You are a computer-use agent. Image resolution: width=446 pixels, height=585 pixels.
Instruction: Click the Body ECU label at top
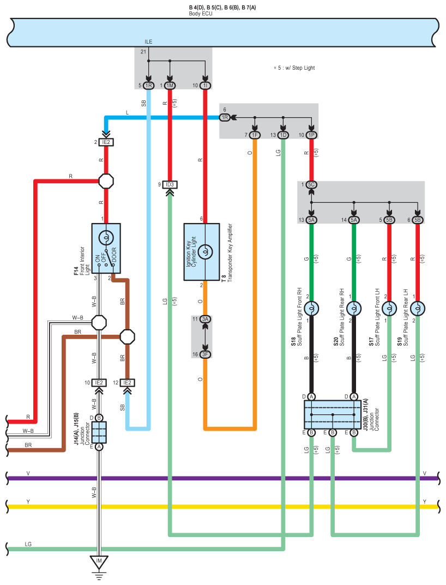click(x=201, y=14)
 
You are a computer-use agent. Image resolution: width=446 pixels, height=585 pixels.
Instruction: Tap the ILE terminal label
click(x=148, y=42)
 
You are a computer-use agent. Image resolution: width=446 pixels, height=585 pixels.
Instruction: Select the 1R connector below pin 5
click(x=148, y=86)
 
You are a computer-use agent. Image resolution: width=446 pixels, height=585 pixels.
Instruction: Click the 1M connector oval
click(x=170, y=86)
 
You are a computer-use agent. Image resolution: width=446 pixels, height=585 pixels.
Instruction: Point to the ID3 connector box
click(x=170, y=185)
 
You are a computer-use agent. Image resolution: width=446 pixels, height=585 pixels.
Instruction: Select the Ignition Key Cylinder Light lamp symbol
click(x=205, y=252)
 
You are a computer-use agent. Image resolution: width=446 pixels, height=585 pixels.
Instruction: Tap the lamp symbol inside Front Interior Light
click(x=106, y=237)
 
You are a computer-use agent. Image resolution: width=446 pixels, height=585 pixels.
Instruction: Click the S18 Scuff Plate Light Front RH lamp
click(x=311, y=309)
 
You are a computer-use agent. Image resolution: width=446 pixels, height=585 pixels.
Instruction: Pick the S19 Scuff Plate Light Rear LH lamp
click(x=418, y=309)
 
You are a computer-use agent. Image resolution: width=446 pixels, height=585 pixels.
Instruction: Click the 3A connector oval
click(x=205, y=319)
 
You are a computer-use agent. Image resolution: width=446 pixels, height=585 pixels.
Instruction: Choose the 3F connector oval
click(x=205, y=354)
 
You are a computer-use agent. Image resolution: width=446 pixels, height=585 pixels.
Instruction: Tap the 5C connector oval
click(x=311, y=185)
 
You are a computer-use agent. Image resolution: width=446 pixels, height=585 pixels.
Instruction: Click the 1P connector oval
click(x=311, y=135)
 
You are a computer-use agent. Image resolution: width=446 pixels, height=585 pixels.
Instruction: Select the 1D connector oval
click(x=283, y=135)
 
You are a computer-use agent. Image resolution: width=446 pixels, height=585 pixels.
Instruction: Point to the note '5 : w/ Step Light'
click(x=294, y=68)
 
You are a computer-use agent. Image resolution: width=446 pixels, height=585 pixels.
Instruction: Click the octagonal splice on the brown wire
click(x=127, y=337)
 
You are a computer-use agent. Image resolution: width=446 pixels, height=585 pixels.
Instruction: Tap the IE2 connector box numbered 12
click(x=127, y=383)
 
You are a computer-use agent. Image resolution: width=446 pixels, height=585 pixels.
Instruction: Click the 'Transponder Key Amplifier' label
click(x=230, y=252)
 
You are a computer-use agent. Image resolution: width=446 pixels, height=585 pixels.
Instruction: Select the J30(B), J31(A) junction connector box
click(x=333, y=415)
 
